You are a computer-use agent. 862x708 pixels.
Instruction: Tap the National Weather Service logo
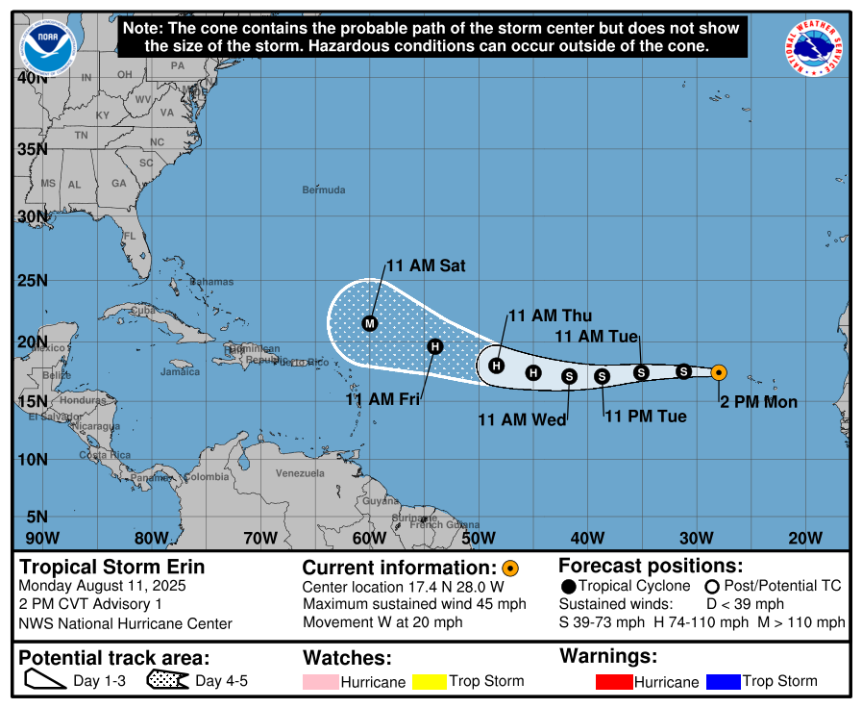click(815, 48)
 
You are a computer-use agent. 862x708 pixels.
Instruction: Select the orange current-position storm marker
click(719, 372)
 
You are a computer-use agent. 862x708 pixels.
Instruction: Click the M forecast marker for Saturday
click(370, 323)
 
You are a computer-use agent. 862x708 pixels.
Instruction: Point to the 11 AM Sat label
click(426, 265)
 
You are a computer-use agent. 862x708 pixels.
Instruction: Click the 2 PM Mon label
click(758, 402)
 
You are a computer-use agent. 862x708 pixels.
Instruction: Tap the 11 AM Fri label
click(382, 399)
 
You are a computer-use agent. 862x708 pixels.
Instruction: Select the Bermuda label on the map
click(323, 190)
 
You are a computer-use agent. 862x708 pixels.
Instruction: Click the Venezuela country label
click(300, 473)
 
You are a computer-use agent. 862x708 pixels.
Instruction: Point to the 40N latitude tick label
click(32, 78)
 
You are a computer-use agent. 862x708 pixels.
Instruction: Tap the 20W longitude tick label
click(804, 537)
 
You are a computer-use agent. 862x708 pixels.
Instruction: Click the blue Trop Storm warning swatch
click(723, 682)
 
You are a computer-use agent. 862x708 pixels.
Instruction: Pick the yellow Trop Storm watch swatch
click(430, 682)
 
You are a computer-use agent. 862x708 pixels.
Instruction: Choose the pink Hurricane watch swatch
click(320, 682)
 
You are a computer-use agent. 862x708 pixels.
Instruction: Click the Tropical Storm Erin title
click(112, 567)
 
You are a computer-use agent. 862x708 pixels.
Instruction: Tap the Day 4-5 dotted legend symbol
click(167, 681)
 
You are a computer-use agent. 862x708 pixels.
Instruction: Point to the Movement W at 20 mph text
click(382, 622)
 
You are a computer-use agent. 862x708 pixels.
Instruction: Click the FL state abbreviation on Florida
click(130, 236)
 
